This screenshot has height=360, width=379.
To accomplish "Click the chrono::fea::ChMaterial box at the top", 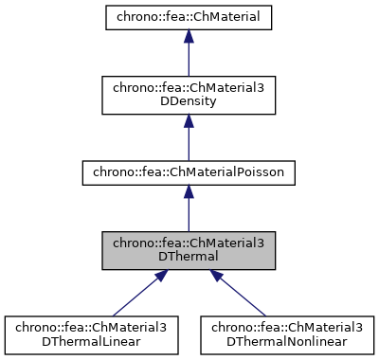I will pos(189,16).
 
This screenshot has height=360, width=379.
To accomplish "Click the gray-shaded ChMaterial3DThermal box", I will pos(189,248).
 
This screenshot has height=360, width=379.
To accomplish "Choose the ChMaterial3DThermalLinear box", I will pos(91,333).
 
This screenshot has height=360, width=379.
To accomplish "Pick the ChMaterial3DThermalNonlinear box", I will pos(286,333).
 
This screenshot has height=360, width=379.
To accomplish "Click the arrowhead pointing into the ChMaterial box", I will pos(189,36).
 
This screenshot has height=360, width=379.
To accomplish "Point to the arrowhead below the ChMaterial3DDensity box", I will pos(189,119).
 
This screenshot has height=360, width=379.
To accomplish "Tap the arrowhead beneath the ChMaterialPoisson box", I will pos(189,190).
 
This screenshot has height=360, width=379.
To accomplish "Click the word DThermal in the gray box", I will pos(189,256).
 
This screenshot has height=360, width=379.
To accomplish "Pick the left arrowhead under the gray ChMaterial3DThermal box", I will pos(163,276).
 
